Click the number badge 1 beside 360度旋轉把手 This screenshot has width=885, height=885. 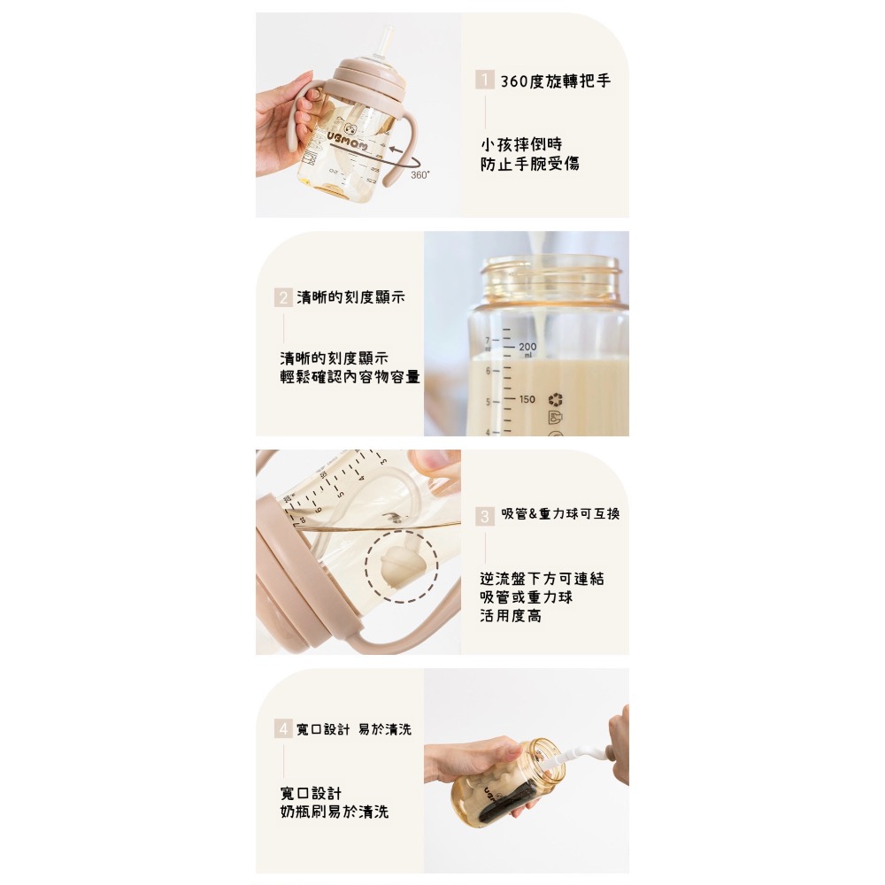click(x=484, y=81)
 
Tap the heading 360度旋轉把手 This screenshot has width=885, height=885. click(x=555, y=81)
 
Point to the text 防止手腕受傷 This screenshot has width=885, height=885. click(x=529, y=164)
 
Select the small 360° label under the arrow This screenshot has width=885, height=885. click(x=419, y=175)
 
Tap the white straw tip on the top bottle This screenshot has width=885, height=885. click(x=386, y=40)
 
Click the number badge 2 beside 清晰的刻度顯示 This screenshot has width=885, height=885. click(x=282, y=298)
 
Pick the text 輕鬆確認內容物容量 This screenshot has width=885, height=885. click(x=350, y=378)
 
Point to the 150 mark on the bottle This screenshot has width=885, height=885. click(x=527, y=399)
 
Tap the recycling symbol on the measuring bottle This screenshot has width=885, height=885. click(x=556, y=399)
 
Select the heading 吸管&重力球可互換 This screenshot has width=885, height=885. click(x=561, y=514)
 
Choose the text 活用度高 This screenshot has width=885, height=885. click(x=511, y=616)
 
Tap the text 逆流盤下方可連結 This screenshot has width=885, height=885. click(x=542, y=579)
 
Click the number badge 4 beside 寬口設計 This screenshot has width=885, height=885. click(x=282, y=729)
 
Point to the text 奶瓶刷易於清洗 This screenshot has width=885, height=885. click(x=334, y=812)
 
